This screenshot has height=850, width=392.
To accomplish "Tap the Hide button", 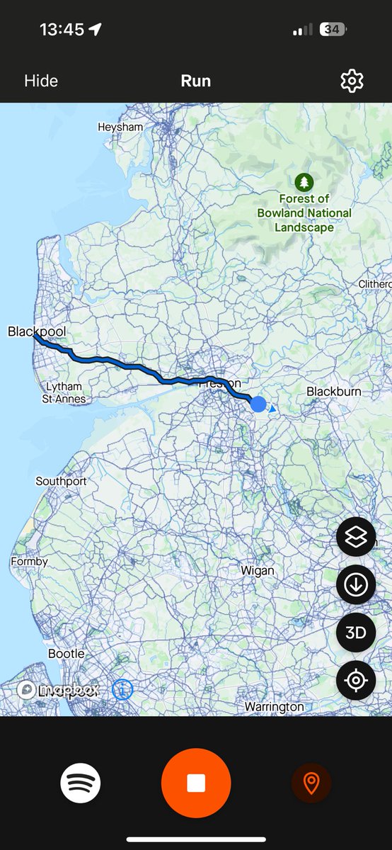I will [41, 81].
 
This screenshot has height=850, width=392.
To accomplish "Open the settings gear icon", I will [352, 81].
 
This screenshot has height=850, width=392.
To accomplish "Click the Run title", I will [195, 81].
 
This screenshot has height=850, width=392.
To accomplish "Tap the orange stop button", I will [196, 783].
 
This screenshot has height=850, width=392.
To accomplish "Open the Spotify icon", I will [81, 783].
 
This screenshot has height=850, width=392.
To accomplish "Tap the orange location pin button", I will [311, 783].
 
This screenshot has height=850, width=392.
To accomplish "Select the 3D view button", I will [355, 633].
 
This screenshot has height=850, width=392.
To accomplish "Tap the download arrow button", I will [355, 585].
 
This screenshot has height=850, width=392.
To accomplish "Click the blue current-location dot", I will [258, 404].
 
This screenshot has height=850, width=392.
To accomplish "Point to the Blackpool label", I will [37, 331].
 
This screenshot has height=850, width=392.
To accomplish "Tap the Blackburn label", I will [334, 392].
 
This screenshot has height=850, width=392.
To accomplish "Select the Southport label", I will [61, 482].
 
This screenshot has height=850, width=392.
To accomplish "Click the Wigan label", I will [257, 570].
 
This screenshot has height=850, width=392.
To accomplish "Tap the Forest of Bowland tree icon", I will [304, 182].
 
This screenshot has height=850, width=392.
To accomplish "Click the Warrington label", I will [274, 707].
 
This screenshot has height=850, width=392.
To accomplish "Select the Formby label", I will [29, 562].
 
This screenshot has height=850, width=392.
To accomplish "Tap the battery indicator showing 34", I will [332, 30].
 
